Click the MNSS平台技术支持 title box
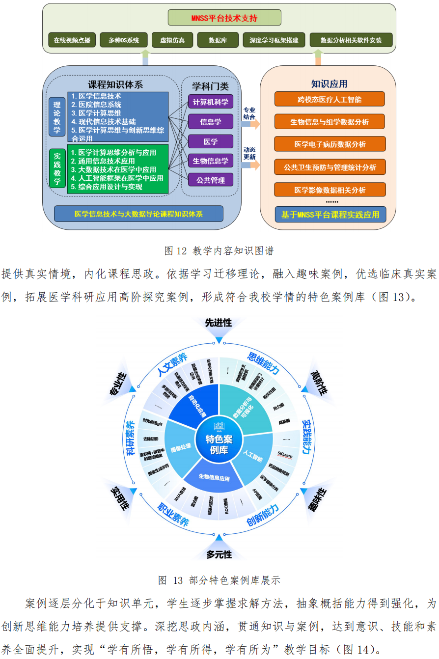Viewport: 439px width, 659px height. click(224, 18)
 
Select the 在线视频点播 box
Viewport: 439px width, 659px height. click(72, 40)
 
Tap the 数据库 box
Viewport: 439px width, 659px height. click(217, 40)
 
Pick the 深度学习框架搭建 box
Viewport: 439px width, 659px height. click(274, 40)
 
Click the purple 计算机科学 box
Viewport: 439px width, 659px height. click(211, 102)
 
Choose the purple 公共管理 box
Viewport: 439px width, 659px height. click(211, 180)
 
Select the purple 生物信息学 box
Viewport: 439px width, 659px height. click(211, 161)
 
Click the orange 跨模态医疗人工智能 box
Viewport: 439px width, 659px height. click(329, 99)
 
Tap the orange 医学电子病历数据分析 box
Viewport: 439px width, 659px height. click(329, 144)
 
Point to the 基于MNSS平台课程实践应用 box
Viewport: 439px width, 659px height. click(330, 215)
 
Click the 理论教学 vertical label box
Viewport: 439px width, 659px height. click(57, 117)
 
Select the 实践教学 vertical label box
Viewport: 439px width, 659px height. click(57, 167)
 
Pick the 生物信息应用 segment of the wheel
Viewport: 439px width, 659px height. click(214, 477)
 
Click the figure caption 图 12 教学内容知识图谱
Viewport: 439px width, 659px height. click(219, 251)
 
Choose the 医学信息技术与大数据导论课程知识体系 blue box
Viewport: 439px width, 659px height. click(138, 214)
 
